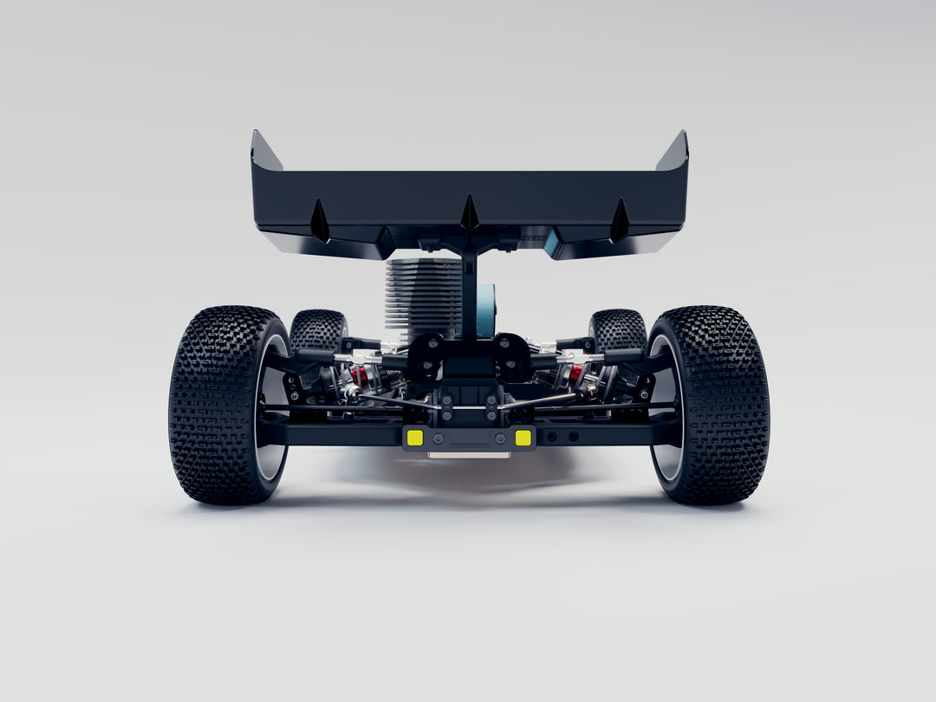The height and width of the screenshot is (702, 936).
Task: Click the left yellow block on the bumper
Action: pyautogui.click(x=415, y=438)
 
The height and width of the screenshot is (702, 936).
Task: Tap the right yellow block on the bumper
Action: pyautogui.click(x=523, y=438)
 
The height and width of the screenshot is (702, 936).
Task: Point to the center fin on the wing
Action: pyautogui.click(x=470, y=213)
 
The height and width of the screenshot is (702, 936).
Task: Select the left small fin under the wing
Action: pyautogui.click(x=320, y=222)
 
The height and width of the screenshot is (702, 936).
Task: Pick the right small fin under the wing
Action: pyautogui.click(x=619, y=222)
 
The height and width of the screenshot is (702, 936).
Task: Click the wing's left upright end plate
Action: pyautogui.click(x=264, y=153)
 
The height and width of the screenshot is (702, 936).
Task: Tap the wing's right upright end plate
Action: pyautogui.click(x=674, y=153)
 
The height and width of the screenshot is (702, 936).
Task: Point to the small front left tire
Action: pyautogui.click(x=317, y=330)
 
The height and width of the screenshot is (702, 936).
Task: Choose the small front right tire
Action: pyautogui.click(x=617, y=330)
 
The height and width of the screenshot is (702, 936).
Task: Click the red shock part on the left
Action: pyautogui.click(x=358, y=375)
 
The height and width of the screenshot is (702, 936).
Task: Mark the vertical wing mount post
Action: pyautogui.click(x=469, y=290)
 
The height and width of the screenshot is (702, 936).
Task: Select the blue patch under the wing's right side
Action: pyautogui.click(x=552, y=244)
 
